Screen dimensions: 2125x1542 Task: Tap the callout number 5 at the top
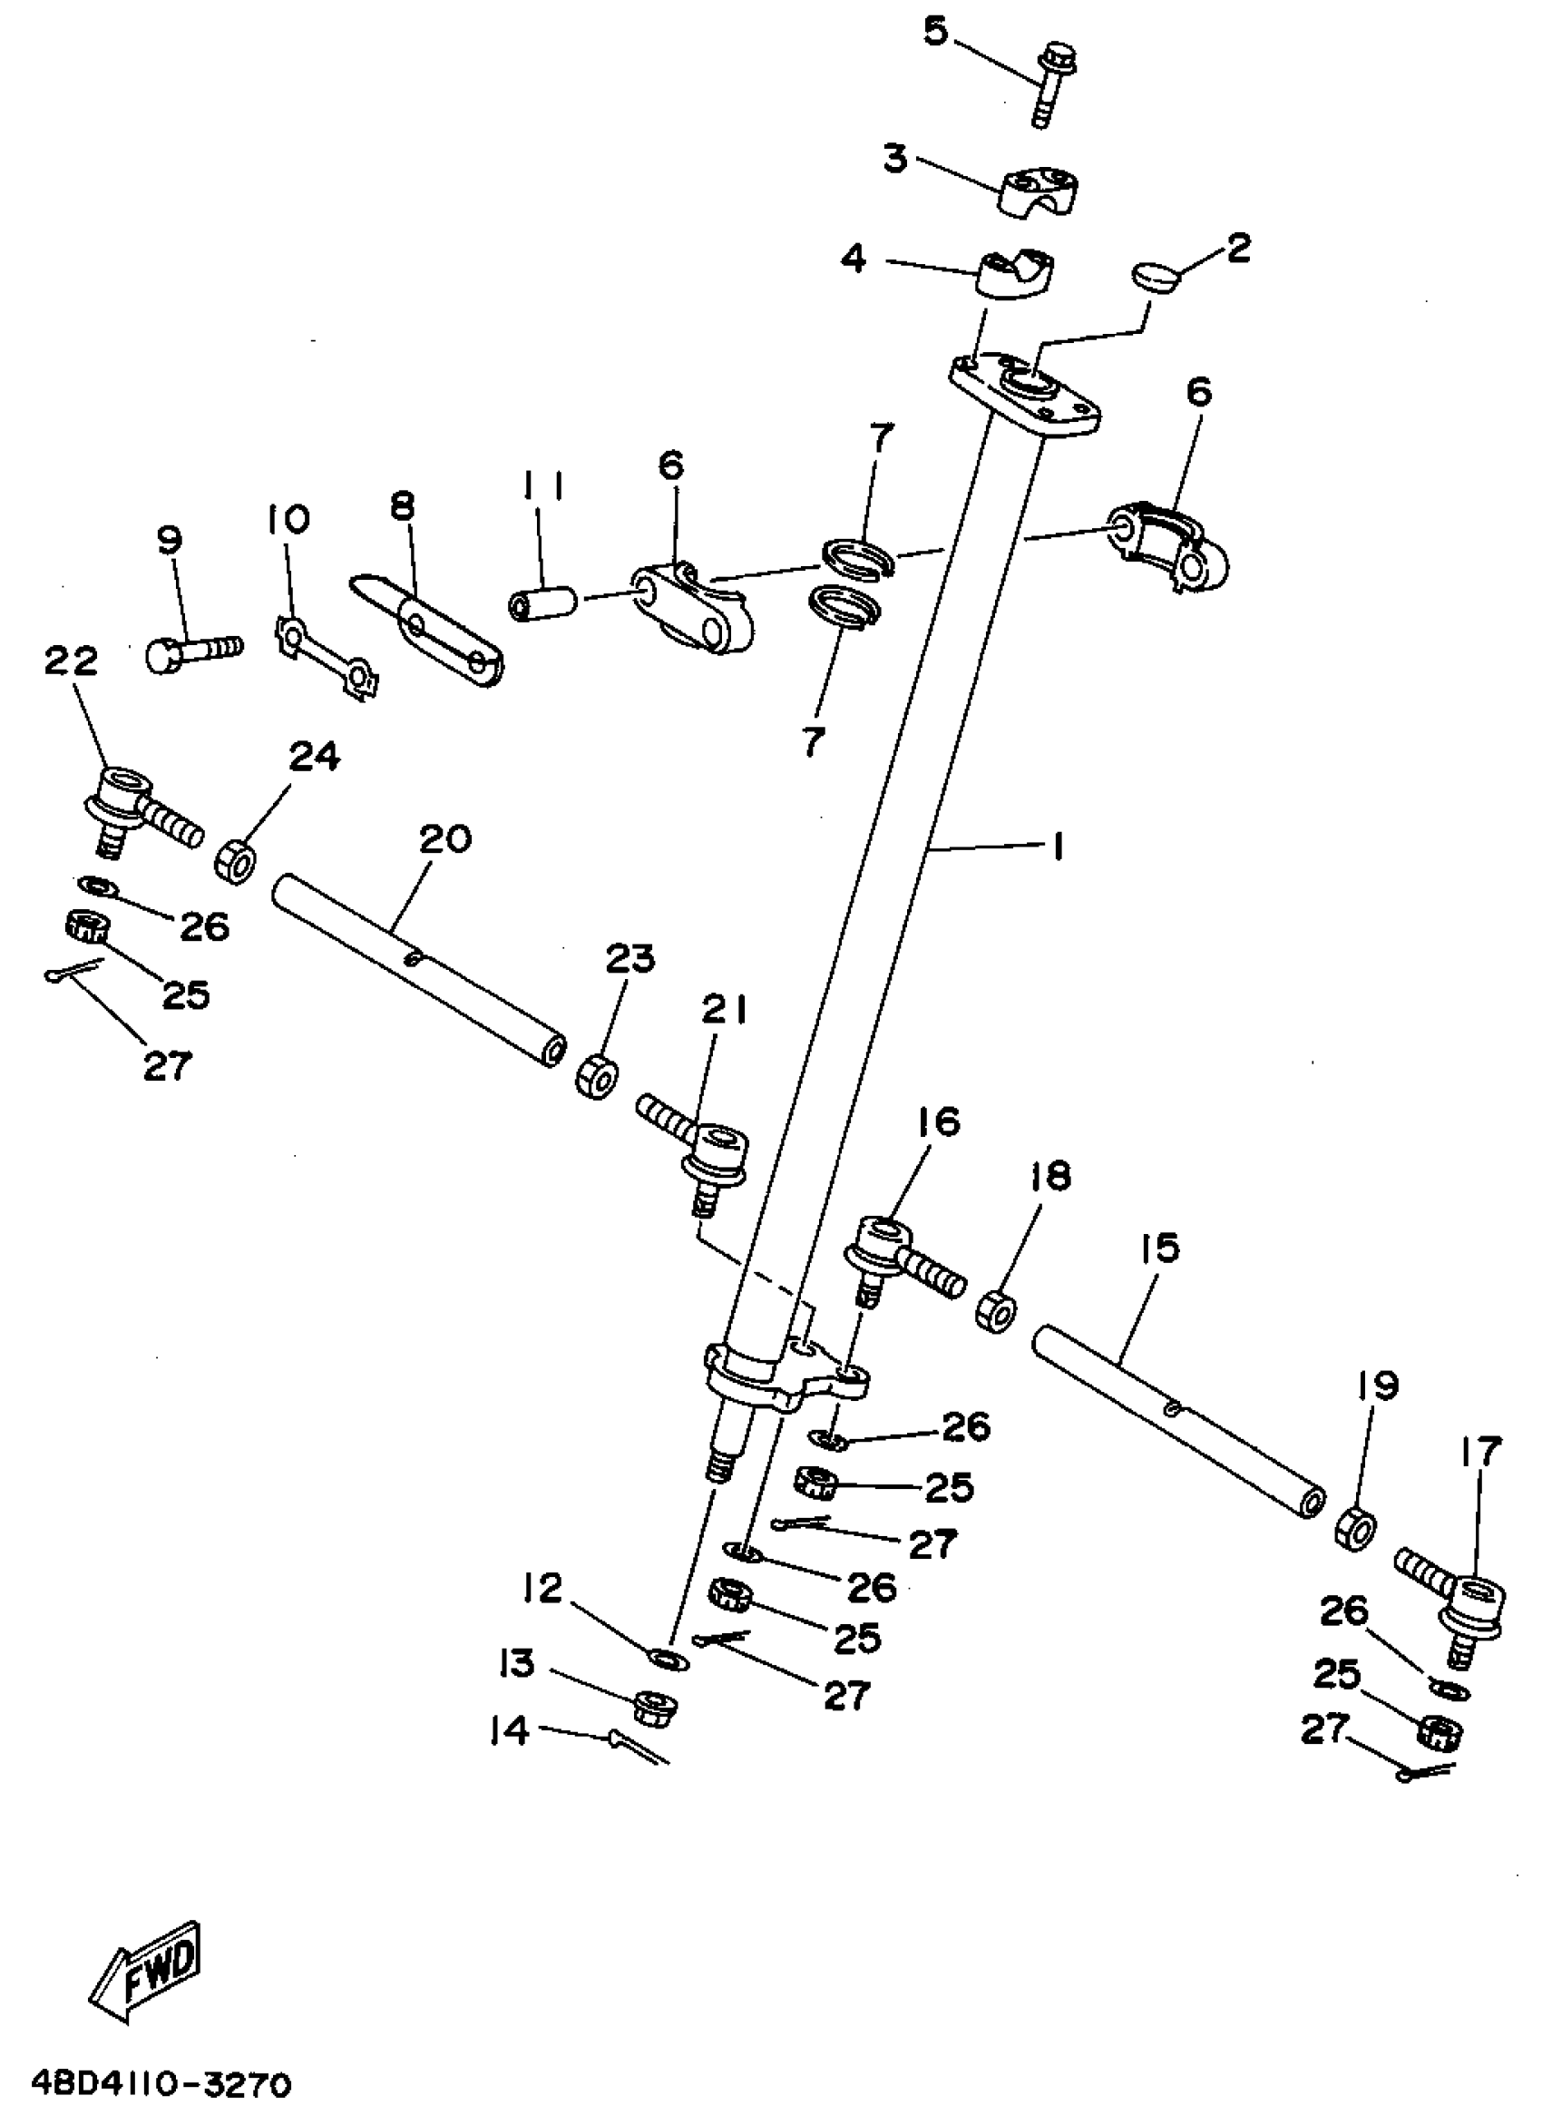point(936,31)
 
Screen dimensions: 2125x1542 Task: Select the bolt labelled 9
point(192,650)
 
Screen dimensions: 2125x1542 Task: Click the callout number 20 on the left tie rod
point(445,838)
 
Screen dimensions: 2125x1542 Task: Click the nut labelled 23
point(597,1075)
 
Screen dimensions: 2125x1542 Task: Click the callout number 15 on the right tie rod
point(1160,1248)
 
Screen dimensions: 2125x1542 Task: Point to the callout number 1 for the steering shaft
point(1058,848)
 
